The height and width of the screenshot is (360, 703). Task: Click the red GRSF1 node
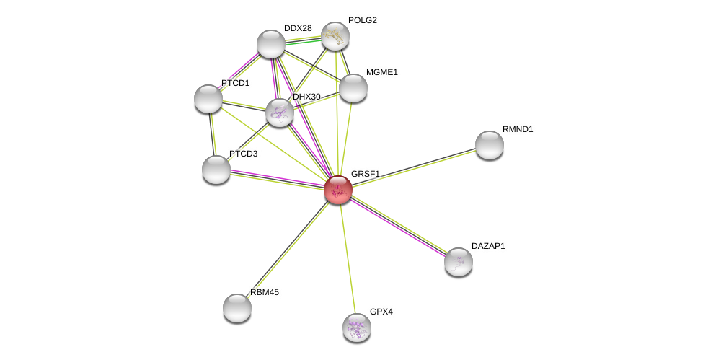(337, 190)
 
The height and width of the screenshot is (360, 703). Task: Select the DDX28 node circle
(271, 44)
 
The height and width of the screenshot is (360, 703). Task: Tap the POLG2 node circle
(335, 36)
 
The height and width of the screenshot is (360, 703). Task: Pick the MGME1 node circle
(353, 88)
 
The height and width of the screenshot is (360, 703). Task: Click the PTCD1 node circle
(208, 99)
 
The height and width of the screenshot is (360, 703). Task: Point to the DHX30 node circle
(280, 113)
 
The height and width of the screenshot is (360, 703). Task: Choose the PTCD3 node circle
(216, 170)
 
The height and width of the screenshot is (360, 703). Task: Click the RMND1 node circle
(490, 145)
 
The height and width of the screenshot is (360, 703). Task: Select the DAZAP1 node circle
(459, 262)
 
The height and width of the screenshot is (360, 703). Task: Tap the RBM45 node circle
(237, 308)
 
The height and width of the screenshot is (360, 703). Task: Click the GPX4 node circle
(357, 328)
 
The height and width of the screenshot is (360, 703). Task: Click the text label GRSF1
(365, 174)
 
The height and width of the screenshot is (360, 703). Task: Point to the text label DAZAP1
(488, 246)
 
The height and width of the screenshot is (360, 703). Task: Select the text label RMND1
(518, 129)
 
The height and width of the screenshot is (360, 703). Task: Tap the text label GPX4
(381, 312)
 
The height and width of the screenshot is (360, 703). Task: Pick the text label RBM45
(265, 292)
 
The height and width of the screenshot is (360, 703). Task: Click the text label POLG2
(362, 20)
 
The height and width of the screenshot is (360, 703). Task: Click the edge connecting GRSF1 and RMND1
(413, 167)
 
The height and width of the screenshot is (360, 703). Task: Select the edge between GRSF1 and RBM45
(287, 249)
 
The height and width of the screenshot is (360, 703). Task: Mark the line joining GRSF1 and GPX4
(348, 258)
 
